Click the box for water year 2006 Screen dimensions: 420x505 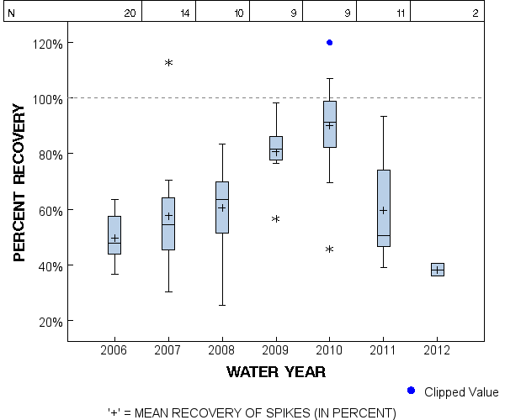click(x=114, y=234)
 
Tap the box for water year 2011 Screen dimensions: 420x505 click(x=383, y=207)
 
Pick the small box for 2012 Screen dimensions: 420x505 click(x=437, y=270)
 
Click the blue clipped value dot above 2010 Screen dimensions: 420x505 click(x=330, y=42)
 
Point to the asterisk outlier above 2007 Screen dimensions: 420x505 click(x=168, y=63)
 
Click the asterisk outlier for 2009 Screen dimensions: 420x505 click(x=275, y=219)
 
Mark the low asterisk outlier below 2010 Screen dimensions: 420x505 click(x=330, y=249)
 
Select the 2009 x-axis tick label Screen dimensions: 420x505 click(x=275, y=349)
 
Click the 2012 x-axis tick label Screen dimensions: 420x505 click(x=437, y=349)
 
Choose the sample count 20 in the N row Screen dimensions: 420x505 click(x=130, y=13)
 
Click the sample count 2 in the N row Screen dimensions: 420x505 click(x=476, y=13)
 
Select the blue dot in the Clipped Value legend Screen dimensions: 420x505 click(x=411, y=391)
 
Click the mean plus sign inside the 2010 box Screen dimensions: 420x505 click(x=330, y=125)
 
